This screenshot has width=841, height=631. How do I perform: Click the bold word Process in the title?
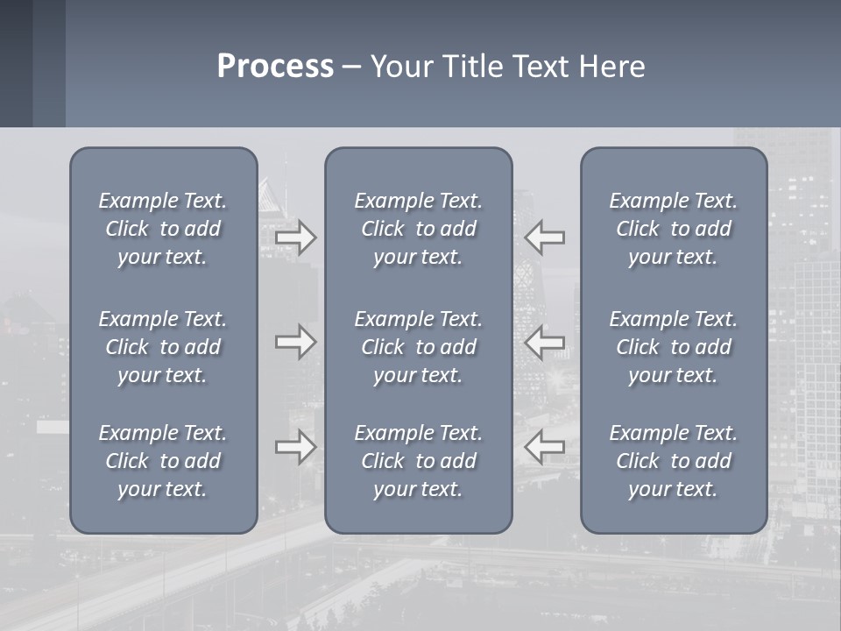click(275, 67)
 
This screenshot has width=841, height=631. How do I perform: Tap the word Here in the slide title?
click(612, 67)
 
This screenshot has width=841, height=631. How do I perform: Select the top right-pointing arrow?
click(296, 238)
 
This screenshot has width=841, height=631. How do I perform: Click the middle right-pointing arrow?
click(296, 342)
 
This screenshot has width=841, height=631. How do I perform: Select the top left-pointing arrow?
click(544, 238)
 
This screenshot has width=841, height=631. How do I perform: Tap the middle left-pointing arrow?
click(544, 342)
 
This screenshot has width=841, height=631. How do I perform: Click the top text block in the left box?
click(163, 229)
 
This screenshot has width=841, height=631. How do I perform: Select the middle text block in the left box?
click(163, 347)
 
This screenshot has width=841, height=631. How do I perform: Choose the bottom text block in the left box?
click(163, 461)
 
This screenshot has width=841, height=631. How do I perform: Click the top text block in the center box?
click(418, 229)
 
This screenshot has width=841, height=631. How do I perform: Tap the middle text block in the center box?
click(418, 347)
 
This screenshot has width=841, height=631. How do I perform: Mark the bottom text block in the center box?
click(418, 461)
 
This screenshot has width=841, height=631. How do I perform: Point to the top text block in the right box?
click(673, 229)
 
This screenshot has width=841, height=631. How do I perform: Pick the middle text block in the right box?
click(673, 347)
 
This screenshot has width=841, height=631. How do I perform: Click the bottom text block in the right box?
click(673, 461)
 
